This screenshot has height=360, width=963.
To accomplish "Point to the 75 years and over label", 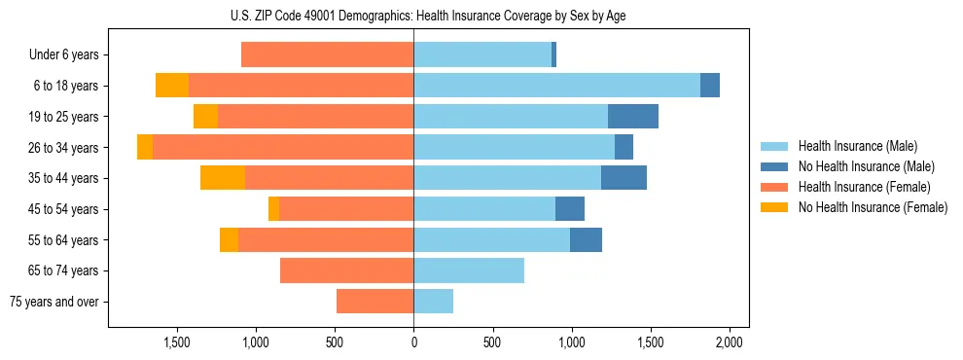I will point(54,302).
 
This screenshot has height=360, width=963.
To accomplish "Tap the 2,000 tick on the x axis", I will point(730,342).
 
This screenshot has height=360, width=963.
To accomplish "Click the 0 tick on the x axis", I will point(413,342).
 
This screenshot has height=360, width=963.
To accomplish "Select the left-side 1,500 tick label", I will point(176,342).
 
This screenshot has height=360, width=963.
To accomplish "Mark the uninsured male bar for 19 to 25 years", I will point(633,117).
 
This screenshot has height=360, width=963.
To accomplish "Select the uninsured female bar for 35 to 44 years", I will point(223,178).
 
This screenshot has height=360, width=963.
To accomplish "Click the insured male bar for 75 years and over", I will point(434,302).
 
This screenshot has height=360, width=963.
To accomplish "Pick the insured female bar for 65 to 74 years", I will point(346,270).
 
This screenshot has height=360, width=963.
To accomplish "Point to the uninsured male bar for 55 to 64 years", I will point(586,239).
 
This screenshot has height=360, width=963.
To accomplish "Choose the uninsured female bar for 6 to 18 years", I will point(172,86).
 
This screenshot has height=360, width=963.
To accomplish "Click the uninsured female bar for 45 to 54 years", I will point(274,209).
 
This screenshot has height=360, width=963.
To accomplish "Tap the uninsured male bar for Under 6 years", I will point(553,55).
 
